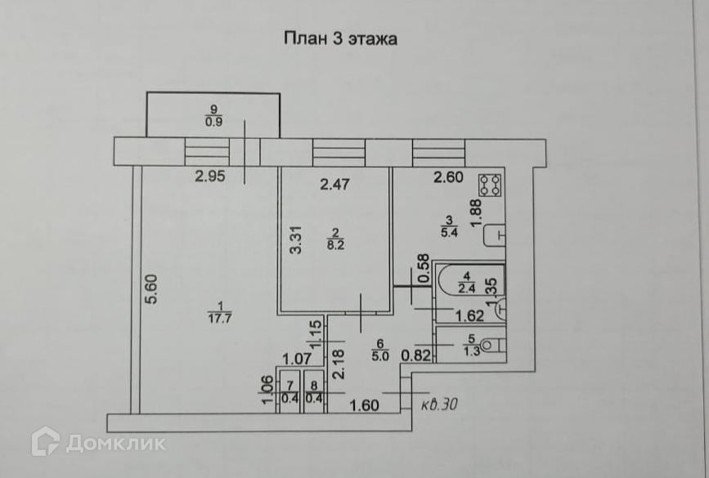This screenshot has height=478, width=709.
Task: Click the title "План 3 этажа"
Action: [x=339, y=38]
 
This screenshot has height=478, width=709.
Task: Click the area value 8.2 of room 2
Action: [x=334, y=243]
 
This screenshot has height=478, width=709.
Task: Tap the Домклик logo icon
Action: [x=45, y=441]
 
